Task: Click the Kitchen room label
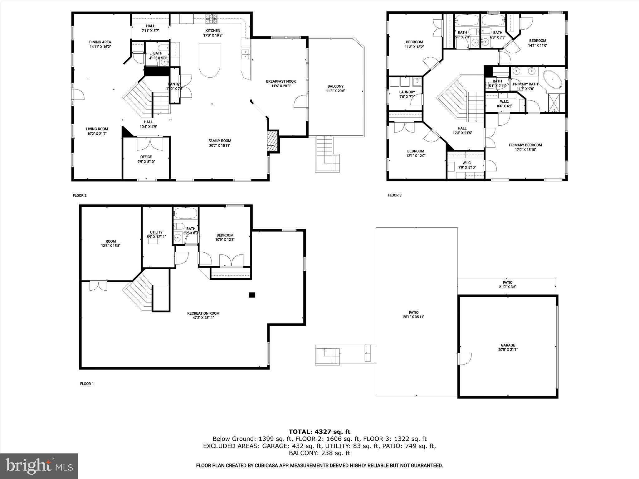[212, 31]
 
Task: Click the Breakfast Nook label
[281, 81]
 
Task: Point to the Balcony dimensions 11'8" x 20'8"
[335, 91]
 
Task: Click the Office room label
[146, 157]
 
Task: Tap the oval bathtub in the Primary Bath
[553, 80]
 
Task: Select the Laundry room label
[407, 92]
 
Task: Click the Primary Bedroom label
[525, 145]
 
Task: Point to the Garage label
[508, 345]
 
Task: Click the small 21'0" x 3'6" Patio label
[507, 287]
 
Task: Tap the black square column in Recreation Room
[252, 295]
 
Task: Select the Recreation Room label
[203, 313]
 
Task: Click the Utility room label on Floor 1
[156, 232]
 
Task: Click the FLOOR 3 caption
[394, 195]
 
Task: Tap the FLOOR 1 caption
[87, 384]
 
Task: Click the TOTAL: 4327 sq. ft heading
[319, 432]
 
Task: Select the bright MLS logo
[39, 466]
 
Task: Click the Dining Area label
[100, 42]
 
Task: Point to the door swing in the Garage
[465, 359]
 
